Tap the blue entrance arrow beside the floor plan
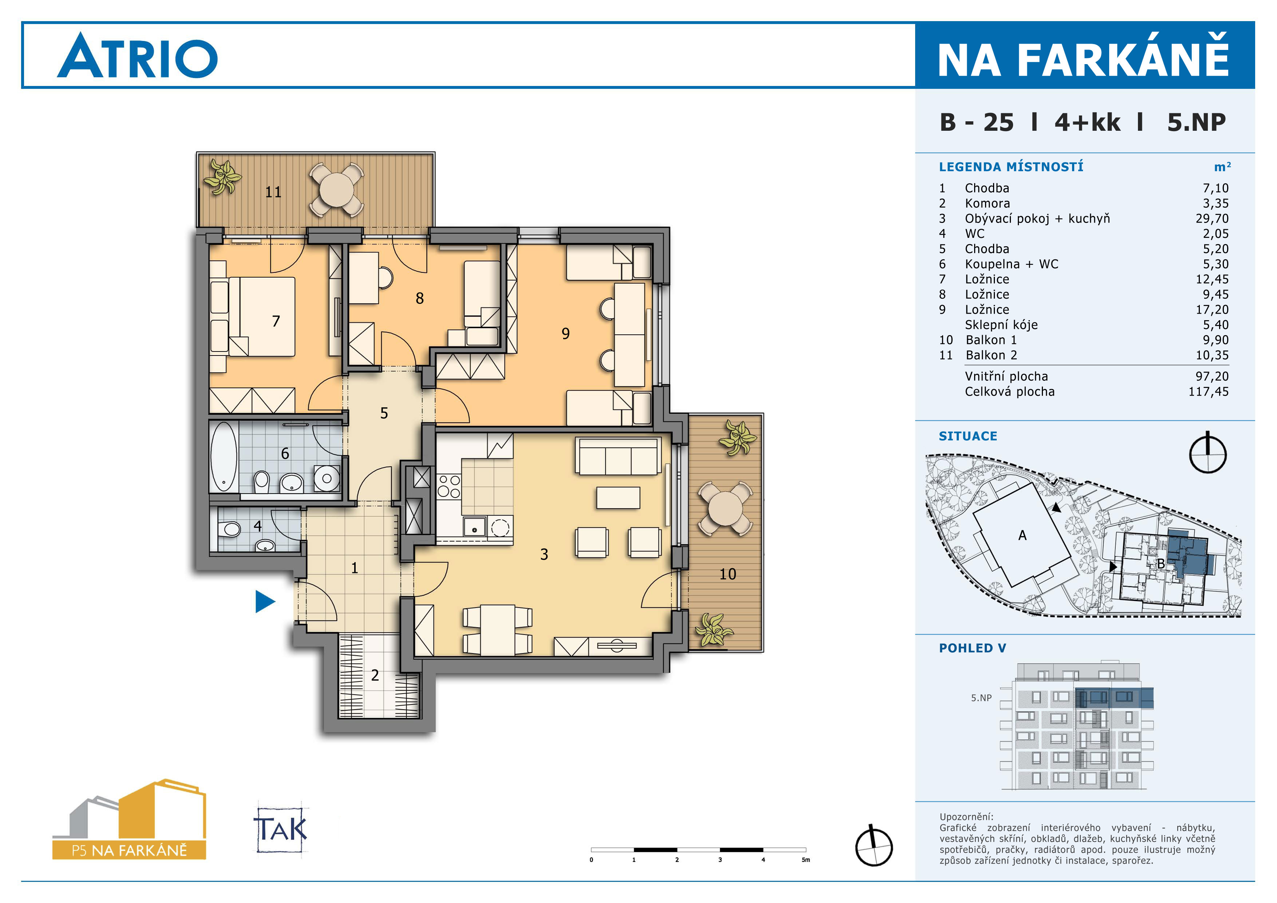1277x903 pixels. (x=265, y=601)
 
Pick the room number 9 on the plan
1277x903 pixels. (x=566, y=333)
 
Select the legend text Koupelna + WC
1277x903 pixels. (x=1011, y=264)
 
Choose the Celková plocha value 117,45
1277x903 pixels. (x=1209, y=392)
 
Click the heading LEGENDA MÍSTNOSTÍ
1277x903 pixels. (x=1011, y=167)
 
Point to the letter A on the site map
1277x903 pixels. (x=1022, y=535)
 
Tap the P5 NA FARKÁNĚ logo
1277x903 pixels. (x=129, y=820)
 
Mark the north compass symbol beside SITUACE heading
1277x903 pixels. (x=1207, y=452)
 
